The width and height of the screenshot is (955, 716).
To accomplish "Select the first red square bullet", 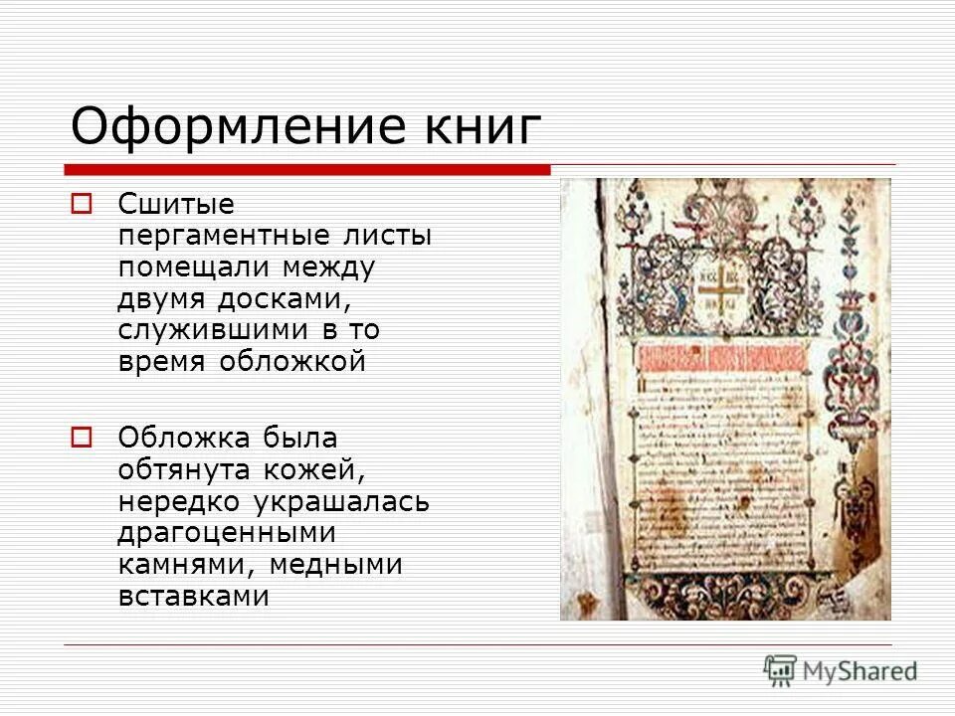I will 82,205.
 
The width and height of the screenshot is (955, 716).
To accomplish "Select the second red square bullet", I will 82,437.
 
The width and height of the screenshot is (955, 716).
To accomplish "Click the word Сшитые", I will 176,205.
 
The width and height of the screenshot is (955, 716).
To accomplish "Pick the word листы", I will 395,238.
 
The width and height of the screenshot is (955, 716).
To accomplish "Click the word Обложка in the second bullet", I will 185,438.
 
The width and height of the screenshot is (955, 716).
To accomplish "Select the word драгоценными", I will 227,532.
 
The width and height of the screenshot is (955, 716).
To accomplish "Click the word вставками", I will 194,596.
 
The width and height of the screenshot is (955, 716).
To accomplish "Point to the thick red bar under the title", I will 307,169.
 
